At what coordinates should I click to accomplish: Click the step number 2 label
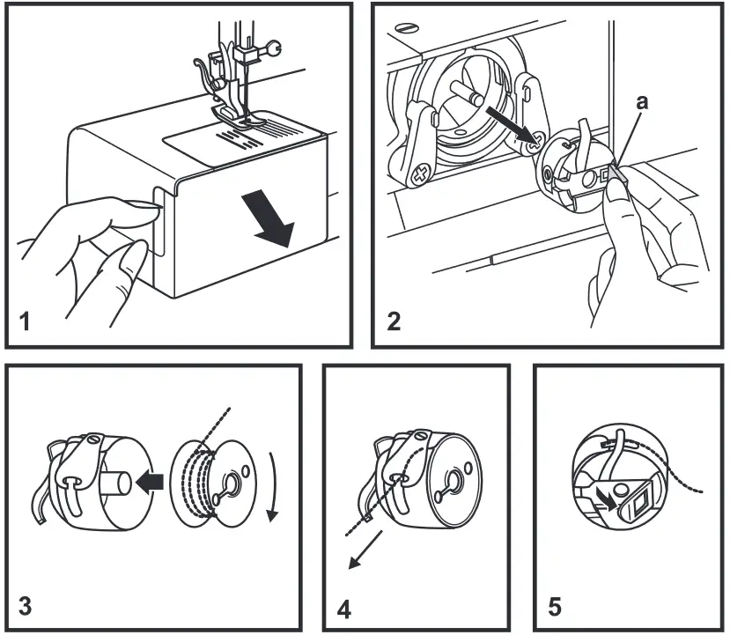click(x=394, y=321)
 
